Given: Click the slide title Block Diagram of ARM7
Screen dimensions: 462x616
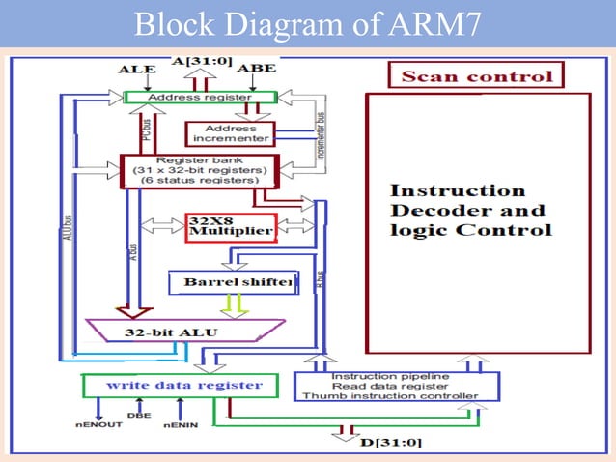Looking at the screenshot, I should coord(307,23).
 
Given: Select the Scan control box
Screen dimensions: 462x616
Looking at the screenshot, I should coord(476,76).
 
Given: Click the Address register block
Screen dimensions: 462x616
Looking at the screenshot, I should coord(201,98).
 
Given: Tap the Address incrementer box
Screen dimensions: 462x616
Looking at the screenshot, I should coord(229,133).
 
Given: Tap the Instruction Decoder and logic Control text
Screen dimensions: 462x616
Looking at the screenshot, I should coord(471,210).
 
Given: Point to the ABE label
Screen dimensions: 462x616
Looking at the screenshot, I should coord(256,69).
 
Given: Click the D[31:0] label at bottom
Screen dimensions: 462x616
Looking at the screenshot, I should coord(386,443).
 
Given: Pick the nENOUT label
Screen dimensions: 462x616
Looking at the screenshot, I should coord(98,423).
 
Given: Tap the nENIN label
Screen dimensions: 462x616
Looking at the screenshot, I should coord(181,423).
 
